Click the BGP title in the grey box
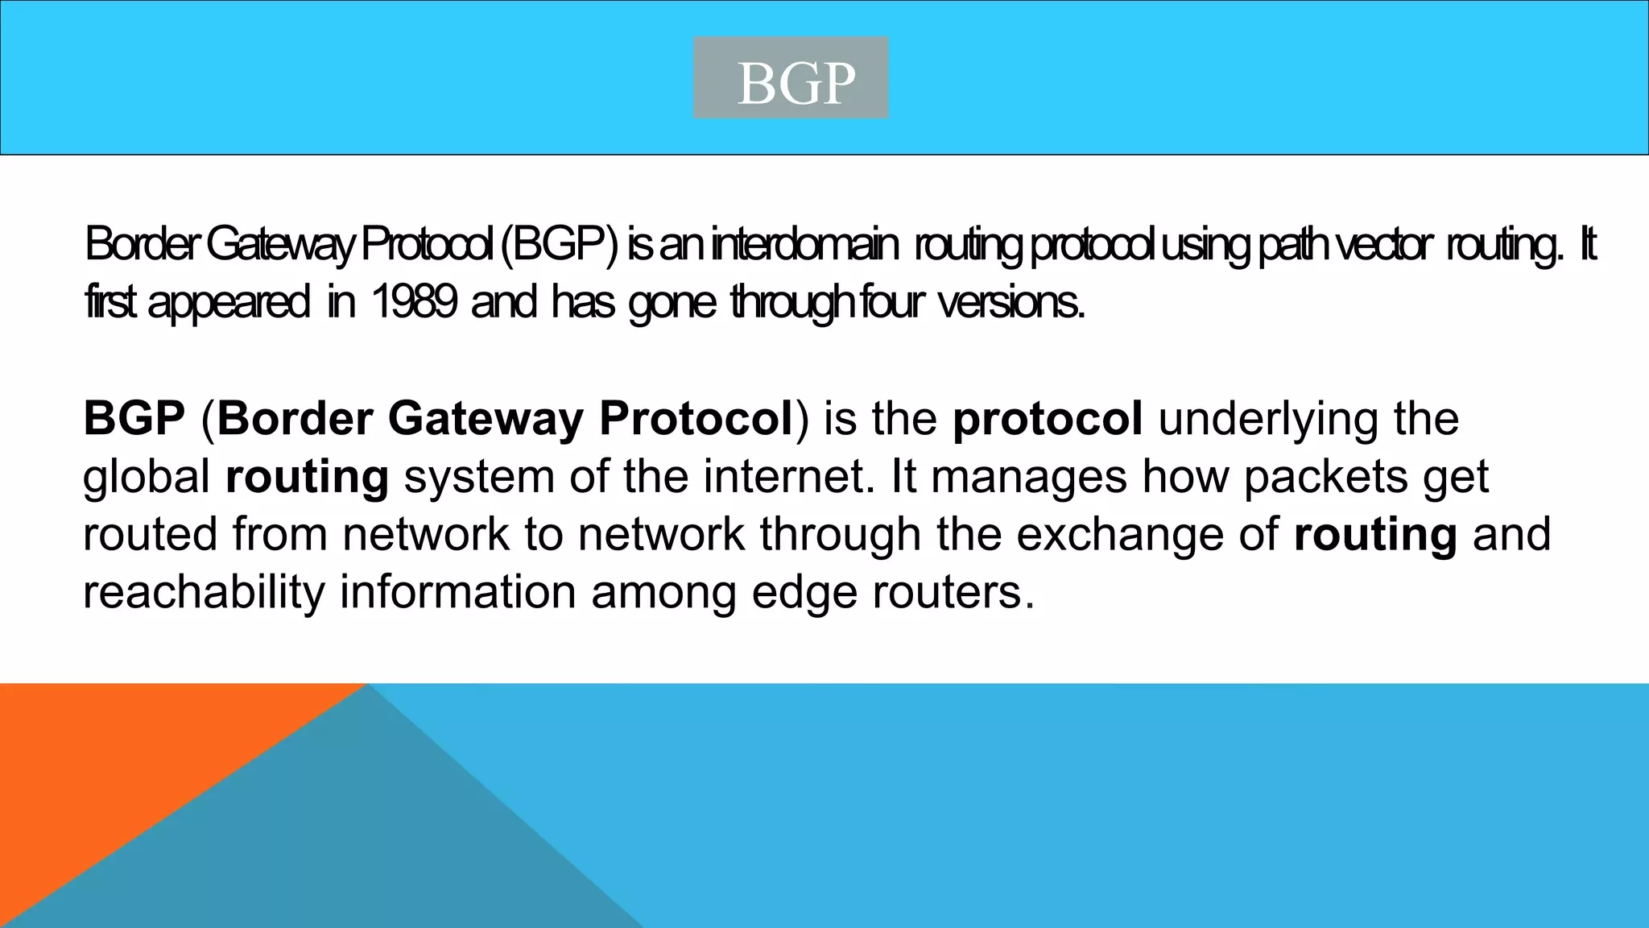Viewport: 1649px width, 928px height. [796, 83]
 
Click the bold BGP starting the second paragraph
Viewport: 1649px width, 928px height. [134, 418]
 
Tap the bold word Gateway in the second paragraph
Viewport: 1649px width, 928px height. [485, 420]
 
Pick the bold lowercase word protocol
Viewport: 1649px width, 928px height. [1047, 420]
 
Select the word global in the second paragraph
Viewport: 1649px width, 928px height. [147, 477]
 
